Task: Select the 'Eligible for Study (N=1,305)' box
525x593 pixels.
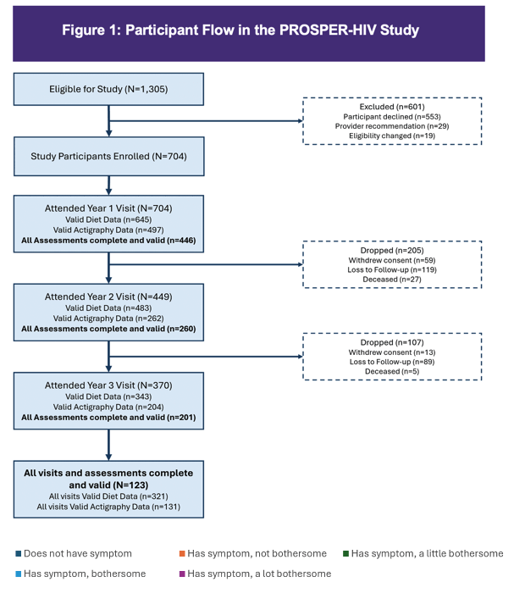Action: [x=108, y=89]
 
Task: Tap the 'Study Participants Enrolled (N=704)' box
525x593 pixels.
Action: [x=109, y=156]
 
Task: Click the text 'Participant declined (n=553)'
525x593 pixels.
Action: [x=392, y=117]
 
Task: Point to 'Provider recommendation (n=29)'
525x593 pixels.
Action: [x=392, y=126]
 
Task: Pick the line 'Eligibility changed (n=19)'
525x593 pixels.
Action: [x=392, y=136]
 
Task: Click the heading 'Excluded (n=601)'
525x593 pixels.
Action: [x=392, y=107]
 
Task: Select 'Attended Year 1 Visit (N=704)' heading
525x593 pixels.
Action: [x=108, y=208]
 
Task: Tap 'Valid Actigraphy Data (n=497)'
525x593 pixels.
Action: [x=108, y=230]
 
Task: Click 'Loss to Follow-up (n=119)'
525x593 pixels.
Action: [x=392, y=269]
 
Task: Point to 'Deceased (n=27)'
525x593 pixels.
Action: [x=392, y=279]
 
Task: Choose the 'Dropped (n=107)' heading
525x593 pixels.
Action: [x=392, y=342]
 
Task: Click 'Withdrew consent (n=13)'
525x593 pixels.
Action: [x=392, y=352]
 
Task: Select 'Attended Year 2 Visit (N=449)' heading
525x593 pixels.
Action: [x=108, y=296]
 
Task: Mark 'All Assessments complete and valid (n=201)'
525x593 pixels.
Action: [x=108, y=418]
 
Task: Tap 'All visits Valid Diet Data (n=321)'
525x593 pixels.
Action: [x=108, y=496]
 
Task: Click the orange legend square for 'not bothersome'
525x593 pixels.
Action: [x=182, y=554]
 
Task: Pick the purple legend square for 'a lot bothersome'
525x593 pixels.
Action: [x=182, y=574]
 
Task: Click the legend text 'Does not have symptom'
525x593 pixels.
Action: [x=78, y=554]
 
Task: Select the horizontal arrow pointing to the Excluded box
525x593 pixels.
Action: [x=206, y=121]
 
